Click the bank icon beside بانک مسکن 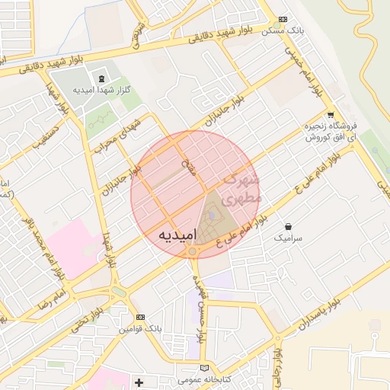pyautogui.click(x=283, y=19)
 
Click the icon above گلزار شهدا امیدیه pyautogui.click(x=101, y=78)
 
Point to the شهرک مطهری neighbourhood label pyautogui.click(x=243, y=184)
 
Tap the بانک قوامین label pyautogui.click(x=139, y=329)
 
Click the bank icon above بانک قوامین pyautogui.click(x=139, y=317)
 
